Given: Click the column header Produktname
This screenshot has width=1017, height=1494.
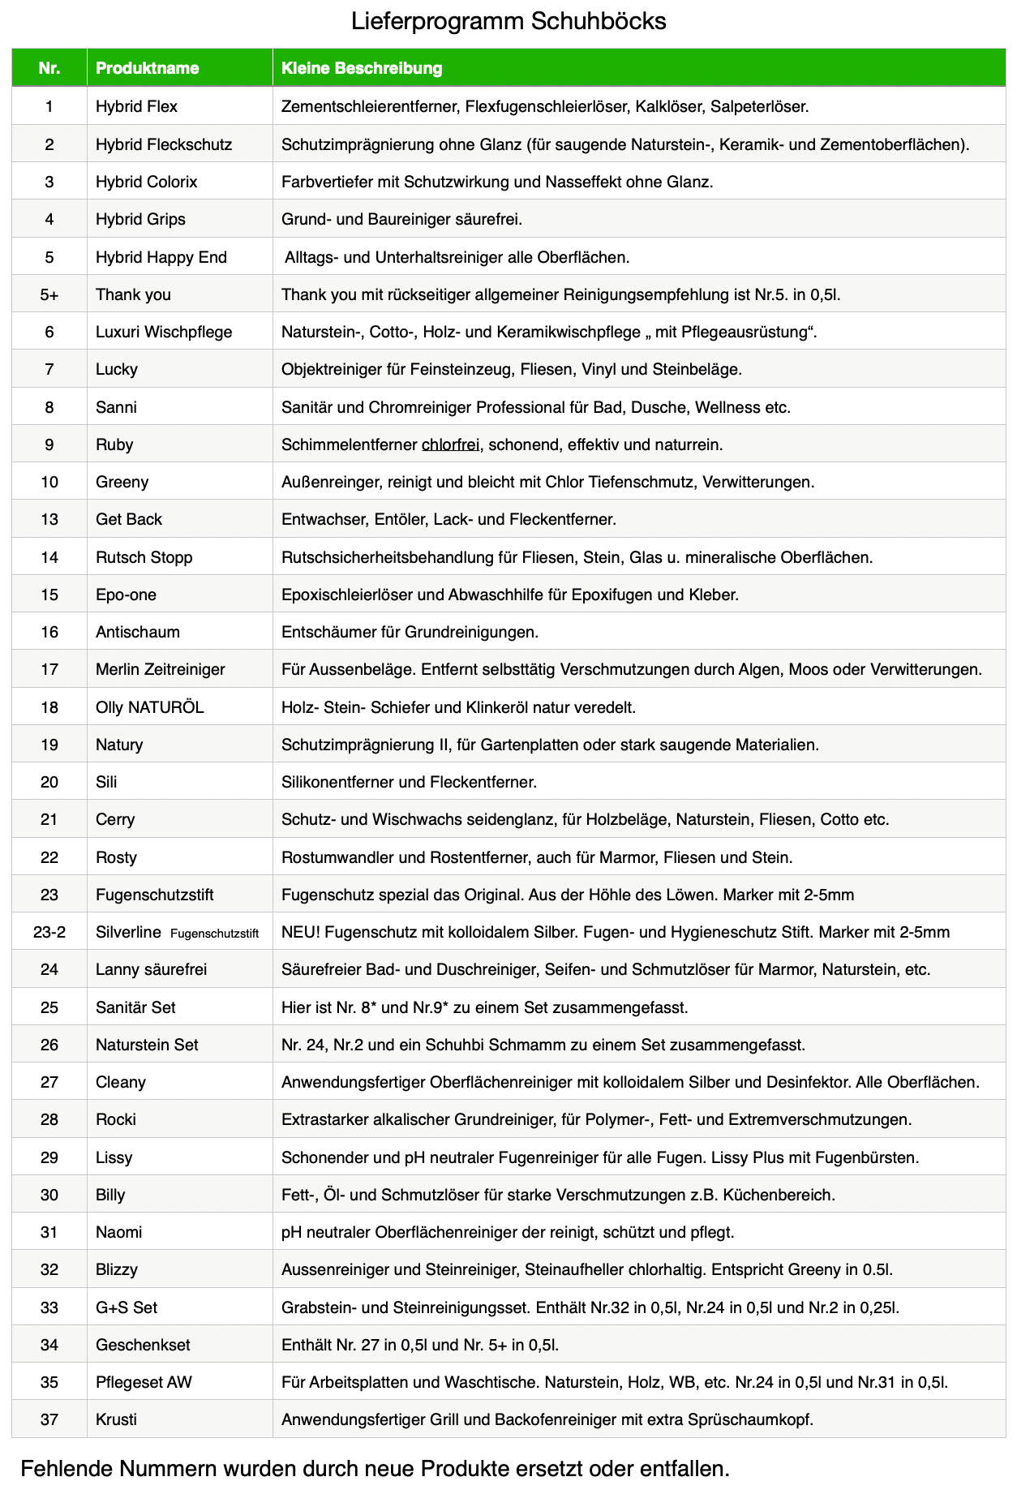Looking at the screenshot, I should (x=147, y=68).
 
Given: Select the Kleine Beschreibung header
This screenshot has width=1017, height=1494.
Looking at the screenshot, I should (x=362, y=68).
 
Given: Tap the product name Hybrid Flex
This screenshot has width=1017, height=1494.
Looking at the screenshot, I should (x=136, y=106).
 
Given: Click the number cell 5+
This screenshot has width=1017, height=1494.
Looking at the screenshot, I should (x=49, y=294).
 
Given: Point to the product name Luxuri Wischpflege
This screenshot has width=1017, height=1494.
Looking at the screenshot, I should (x=164, y=332).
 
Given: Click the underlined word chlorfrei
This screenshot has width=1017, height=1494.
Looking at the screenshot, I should (x=450, y=444).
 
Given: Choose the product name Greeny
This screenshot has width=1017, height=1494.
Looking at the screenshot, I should (x=122, y=482).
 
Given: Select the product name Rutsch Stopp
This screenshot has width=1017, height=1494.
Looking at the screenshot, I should (x=144, y=557).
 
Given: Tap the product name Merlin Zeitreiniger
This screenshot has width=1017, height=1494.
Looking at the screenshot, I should (x=160, y=669).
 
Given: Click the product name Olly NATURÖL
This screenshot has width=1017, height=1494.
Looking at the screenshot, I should (x=149, y=707).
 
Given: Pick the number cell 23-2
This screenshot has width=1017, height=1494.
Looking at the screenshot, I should (x=49, y=932).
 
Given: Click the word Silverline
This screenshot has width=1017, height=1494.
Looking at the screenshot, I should (x=128, y=932).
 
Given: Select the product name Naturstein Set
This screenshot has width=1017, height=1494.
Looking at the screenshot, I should (x=147, y=1045).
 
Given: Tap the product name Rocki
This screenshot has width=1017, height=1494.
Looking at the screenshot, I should (x=116, y=1119).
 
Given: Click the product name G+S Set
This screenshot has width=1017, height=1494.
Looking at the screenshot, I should (x=127, y=1307).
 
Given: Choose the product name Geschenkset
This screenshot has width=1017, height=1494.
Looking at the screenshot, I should (x=143, y=1345).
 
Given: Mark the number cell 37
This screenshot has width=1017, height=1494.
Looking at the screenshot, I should (x=49, y=1419).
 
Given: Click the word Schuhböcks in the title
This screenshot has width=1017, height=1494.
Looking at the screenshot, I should (x=599, y=21).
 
